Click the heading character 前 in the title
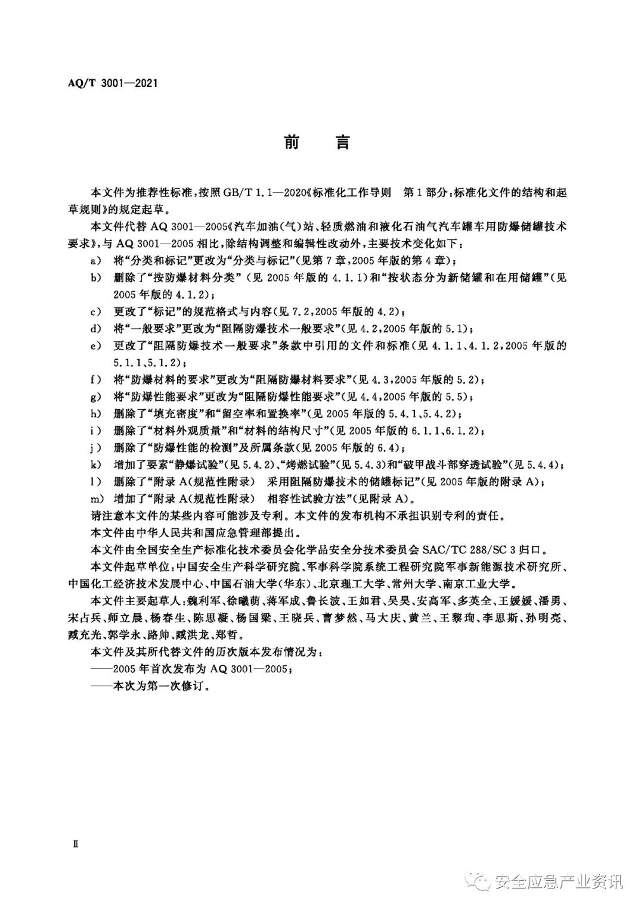(292, 142)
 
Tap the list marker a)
(94, 260)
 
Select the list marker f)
(94, 379)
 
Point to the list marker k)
(94, 465)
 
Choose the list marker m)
(95, 498)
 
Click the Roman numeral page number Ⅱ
(76, 844)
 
